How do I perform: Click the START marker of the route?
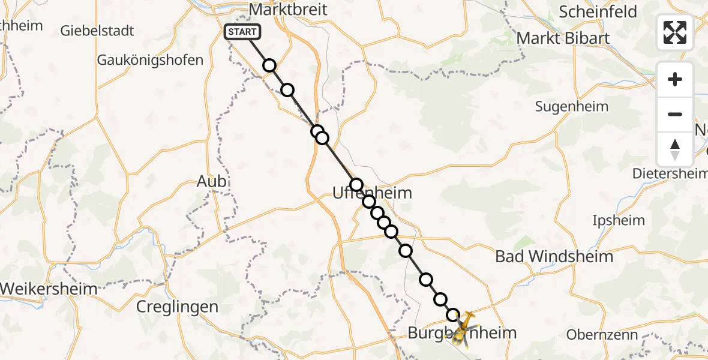[242, 32]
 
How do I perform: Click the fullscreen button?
[675, 32]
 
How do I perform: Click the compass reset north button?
[675, 149]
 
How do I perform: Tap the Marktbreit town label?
[287, 10]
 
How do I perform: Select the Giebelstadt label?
[97, 31]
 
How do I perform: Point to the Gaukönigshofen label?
[150, 60]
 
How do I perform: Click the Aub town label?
[212, 181]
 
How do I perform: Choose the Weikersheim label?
[49, 289]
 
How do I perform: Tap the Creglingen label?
[177, 307]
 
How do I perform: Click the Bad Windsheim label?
[554, 257]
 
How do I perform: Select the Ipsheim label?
[619, 220]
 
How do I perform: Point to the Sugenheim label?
[572, 107]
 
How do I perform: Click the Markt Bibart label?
[563, 38]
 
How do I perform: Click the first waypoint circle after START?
[269, 65]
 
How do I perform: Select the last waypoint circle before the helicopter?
[453, 314]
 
